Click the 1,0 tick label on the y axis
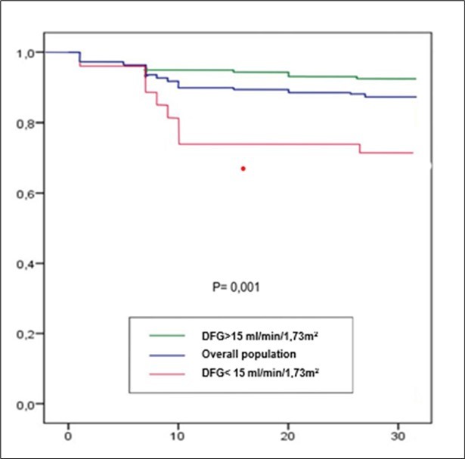pos(26,53)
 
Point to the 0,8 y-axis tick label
pos(26,123)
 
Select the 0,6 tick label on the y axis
pos(26,194)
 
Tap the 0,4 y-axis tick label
pos(26,264)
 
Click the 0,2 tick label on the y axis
pos(26,333)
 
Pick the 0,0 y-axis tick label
pos(26,404)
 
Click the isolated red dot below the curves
pos(243,168)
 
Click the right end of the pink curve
pos(413,153)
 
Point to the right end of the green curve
pos(415,79)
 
